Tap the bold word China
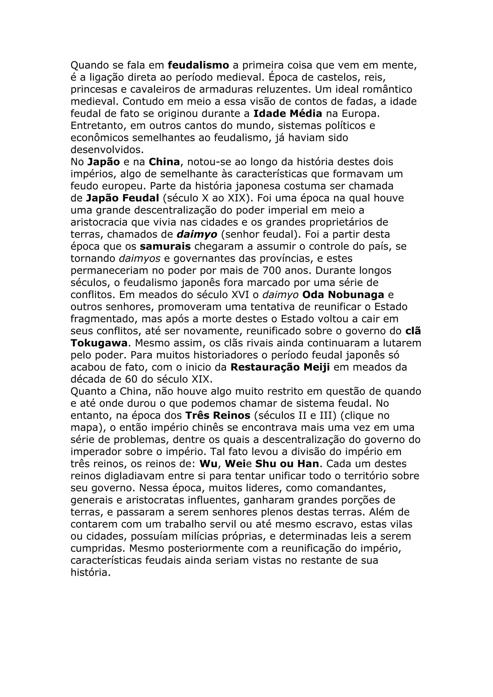[164, 162]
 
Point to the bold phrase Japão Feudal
[123, 198]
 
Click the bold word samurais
[165, 246]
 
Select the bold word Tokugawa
[99, 343]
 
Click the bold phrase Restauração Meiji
[280, 367]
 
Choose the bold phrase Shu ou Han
[287, 464]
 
